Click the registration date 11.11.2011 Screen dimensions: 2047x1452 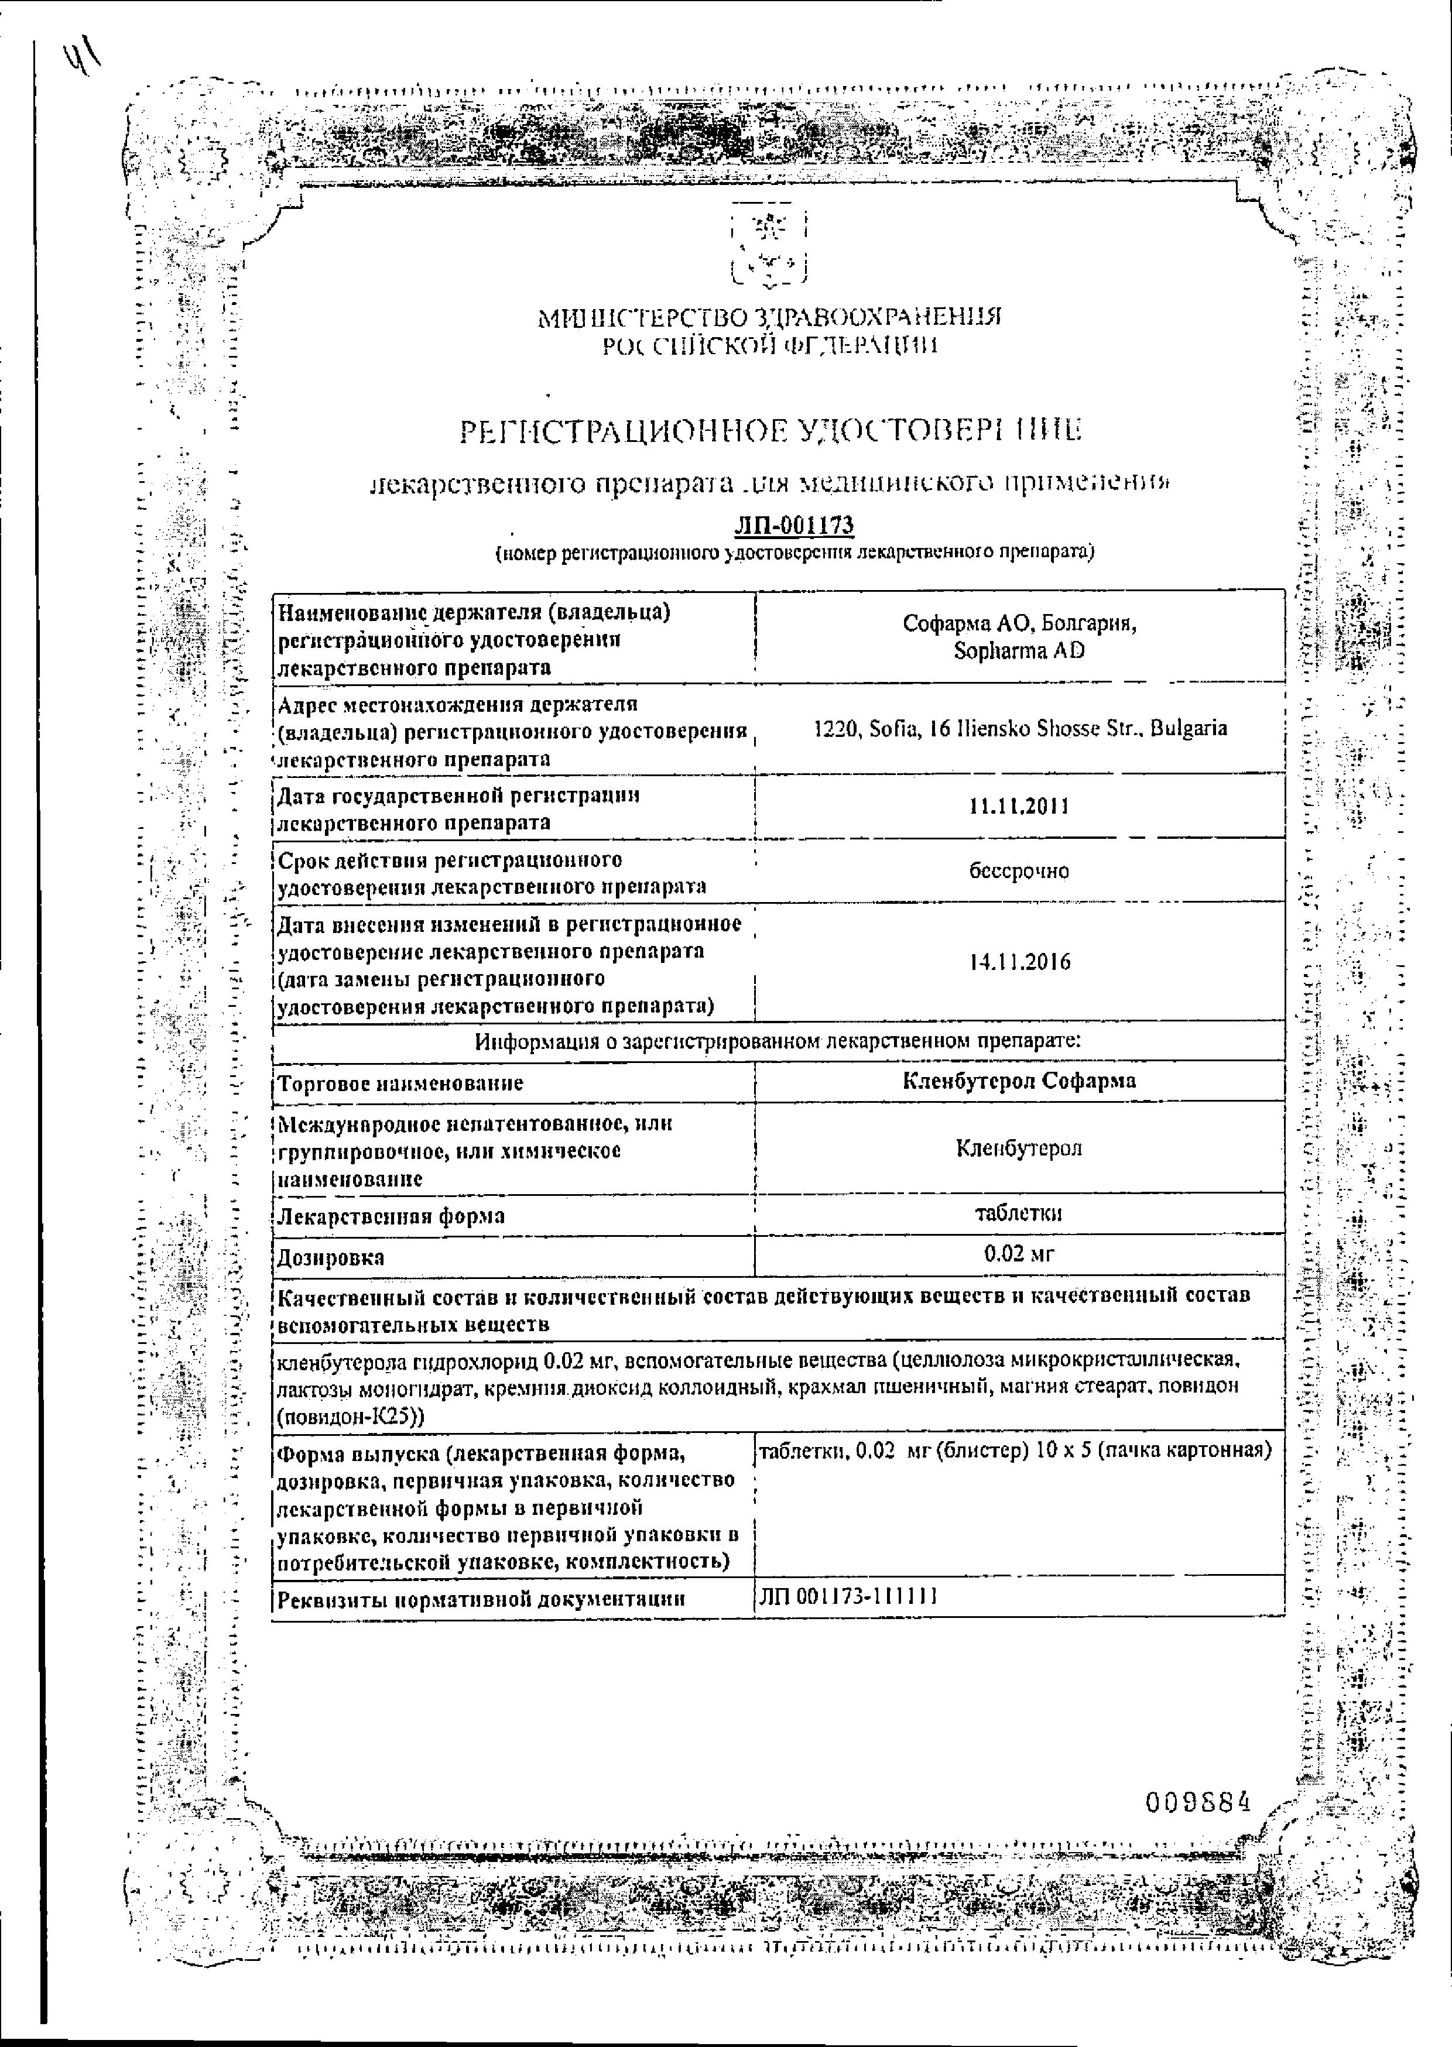point(1019,806)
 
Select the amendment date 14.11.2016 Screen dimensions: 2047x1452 point(1019,963)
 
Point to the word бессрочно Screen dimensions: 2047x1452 point(1019,870)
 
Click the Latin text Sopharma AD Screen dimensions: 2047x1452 point(1019,651)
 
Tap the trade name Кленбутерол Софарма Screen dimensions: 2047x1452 point(1019,1081)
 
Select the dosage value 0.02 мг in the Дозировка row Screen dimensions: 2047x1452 point(1019,1254)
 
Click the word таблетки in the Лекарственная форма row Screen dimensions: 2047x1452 point(1019,1213)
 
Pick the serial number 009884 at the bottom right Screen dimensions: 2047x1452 point(1197,1803)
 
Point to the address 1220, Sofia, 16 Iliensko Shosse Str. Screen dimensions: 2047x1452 point(1019,729)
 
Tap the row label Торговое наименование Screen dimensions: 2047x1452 point(400,1083)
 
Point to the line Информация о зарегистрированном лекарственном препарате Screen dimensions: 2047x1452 point(778,1041)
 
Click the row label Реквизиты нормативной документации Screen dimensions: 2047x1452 point(481,1599)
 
